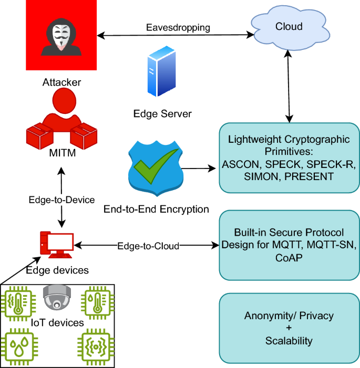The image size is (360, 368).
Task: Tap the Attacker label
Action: click(62, 82)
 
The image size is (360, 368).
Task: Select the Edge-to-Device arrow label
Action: click(62, 199)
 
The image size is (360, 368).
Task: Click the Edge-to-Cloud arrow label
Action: click(148, 245)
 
